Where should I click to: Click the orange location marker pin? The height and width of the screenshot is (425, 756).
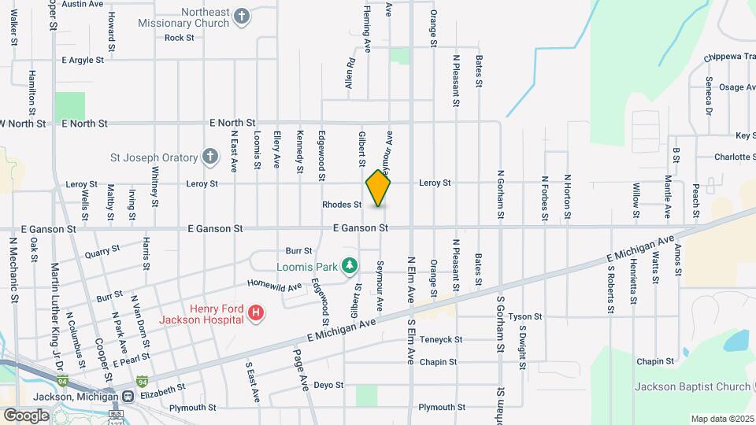pyautogui.click(x=378, y=187)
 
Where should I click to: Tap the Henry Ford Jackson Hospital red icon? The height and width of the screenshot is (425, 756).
pyautogui.click(x=255, y=314)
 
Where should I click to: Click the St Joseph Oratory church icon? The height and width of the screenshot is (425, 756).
pyautogui.click(x=209, y=157)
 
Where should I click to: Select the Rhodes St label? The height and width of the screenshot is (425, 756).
pyautogui.click(x=342, y=205)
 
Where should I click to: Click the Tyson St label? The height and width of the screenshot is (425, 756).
pyautogui.click(x=525, y=316)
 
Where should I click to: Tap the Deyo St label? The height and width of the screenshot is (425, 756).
pyautogui.click(x=329, y=385)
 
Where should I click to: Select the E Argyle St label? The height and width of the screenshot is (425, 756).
pyautogui.click(x=83, y=60)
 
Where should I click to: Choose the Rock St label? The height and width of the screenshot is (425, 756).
pyautogui.click(x=180, y=37)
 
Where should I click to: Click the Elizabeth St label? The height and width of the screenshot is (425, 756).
pyautogui.click(x=163, y=387)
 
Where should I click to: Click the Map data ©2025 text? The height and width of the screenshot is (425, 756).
pyautogui.click(x=722, y=418)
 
